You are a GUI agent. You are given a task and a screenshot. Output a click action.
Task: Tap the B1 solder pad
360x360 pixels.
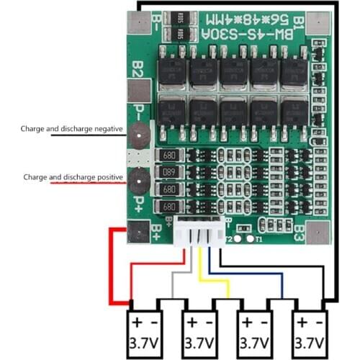point(318,24)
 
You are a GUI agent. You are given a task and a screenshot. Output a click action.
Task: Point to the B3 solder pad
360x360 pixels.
point(318,232)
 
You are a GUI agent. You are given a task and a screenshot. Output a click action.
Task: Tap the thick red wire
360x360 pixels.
point(115,266)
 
